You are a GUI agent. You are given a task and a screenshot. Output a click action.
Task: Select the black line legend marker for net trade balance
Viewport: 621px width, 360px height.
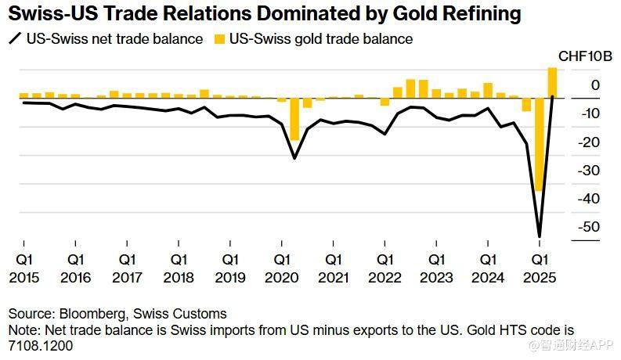point(15,38)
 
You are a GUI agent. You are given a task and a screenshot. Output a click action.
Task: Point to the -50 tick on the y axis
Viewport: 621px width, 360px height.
point(590,227)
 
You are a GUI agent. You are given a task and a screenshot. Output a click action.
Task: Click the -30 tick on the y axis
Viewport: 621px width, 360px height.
point(590,171)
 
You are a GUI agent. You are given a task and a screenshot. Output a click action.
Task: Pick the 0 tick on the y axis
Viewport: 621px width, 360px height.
point(596,85)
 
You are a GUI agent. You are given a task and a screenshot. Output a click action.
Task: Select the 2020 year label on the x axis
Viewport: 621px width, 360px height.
point(282,278)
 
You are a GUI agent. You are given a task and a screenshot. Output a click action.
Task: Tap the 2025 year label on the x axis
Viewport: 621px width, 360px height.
point(540,278)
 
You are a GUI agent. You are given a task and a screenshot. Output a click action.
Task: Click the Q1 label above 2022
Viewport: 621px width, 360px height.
point(385,259)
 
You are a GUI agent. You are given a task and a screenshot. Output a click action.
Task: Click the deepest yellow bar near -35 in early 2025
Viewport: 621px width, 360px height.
point(539,145)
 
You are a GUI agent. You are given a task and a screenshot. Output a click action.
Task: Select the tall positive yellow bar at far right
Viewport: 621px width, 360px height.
point(552,82)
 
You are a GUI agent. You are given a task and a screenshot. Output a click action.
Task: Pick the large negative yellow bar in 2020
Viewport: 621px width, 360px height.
point(294,119)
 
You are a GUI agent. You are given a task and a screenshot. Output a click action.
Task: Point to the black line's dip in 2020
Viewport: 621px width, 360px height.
point(294,158)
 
